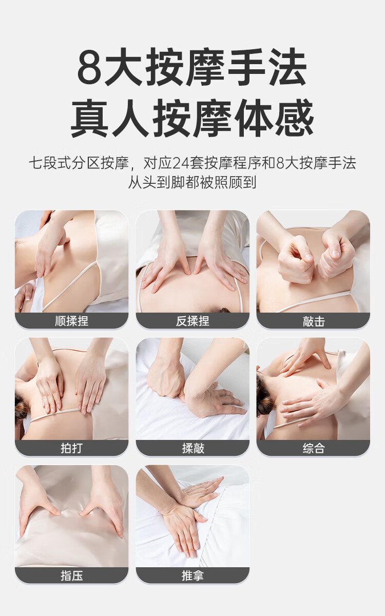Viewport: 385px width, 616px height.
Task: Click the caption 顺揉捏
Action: (71, 321)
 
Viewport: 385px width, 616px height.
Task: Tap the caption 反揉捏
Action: (192, 321)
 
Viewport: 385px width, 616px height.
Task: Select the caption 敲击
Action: (314, 321)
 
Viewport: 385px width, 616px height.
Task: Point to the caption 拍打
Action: (71, 448)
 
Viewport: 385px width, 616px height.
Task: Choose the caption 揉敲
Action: (193, 448)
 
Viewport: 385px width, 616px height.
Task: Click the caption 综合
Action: (314, 448)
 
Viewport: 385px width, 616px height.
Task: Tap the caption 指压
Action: (71, 575)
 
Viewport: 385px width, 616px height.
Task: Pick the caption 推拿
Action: (192, 575)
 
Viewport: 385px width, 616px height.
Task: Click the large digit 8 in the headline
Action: (89, 67)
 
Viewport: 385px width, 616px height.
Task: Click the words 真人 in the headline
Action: (110, 118)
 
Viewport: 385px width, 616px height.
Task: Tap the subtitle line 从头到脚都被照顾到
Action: (192, 182)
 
